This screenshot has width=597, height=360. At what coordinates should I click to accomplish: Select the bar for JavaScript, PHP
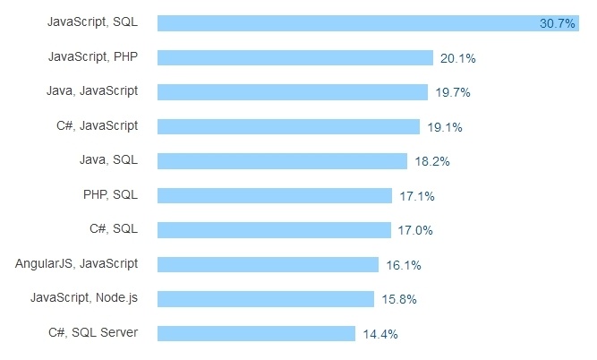[x=295, y=57]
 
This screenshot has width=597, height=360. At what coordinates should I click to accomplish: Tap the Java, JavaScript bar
[x=292, y=91]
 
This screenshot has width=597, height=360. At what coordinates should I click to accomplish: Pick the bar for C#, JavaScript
[x=288, y=126]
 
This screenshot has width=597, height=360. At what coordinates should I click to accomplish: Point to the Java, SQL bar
[x=282, y=161]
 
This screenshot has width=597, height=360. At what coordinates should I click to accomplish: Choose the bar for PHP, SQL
[x=274, y=195]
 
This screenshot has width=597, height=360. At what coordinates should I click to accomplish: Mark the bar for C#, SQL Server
[x=257, y=333]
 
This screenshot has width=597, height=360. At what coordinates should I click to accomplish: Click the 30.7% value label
[x=557, y=24]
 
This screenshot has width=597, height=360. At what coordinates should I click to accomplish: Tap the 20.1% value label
[x=457, y=58]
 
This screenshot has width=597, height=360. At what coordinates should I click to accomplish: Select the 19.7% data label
[x=452, y=92]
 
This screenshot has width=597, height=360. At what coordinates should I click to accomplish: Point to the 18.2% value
[x=431, y=162]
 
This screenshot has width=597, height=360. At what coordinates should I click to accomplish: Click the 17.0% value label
[x=415, y=230]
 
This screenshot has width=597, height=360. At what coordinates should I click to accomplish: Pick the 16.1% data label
[x=404, y=265]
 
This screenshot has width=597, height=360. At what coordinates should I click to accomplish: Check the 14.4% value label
[x=380, y=334]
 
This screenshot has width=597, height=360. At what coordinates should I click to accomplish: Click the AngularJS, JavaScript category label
[x=77, y=264]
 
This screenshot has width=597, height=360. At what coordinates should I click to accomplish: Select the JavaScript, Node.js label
[x=84, y=298]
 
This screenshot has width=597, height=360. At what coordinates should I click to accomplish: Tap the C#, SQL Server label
[x=93, y=333]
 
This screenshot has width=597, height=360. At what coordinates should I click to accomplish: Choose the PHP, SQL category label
[x=110, y=195]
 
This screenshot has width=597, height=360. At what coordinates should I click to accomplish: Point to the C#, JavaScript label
[x=97, y=125]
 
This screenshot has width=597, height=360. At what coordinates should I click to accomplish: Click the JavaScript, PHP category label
[x=93, y=57]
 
